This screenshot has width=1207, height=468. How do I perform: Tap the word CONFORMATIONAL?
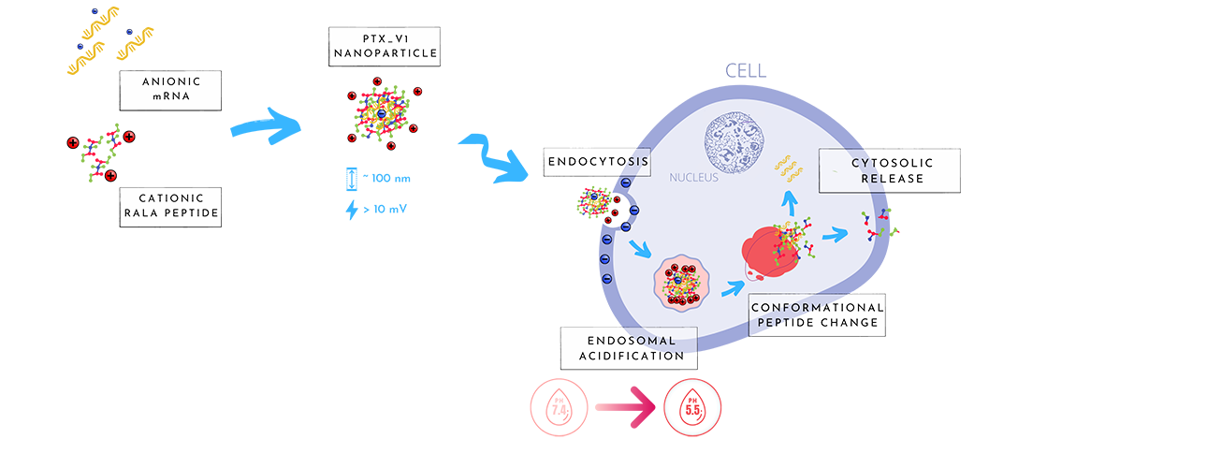817,307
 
